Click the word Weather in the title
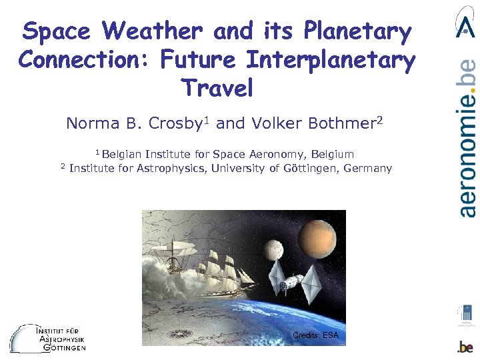click(152, 31)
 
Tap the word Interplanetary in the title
click(330, 60)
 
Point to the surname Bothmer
click(339, 124)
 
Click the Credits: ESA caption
click(315, 335)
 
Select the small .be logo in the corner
click(465, 347)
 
